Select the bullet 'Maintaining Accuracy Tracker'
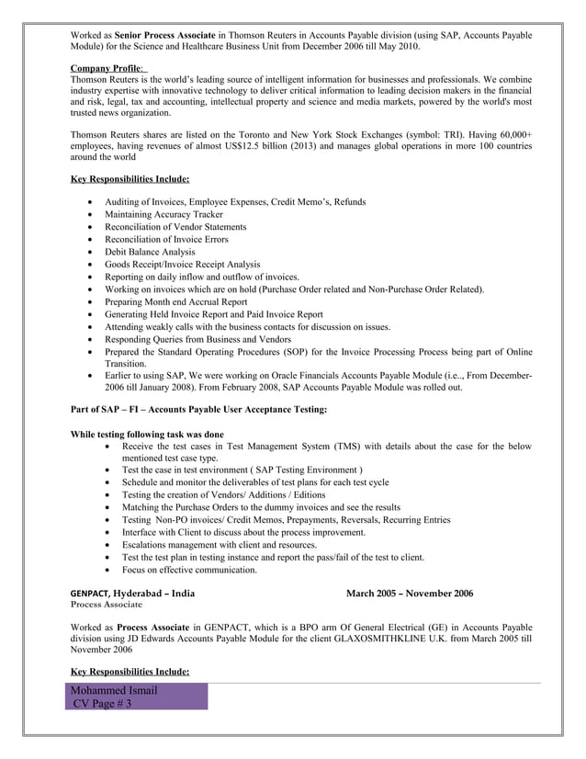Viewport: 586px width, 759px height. pyautogui.click(x=163, y=213)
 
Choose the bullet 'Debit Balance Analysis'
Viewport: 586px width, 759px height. pyautogui.click(x=150, y=251)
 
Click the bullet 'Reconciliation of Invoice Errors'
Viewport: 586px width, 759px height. pyautogui.click(x=166, y=239)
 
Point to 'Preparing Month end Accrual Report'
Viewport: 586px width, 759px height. pyautogui.click(x=175, y=301)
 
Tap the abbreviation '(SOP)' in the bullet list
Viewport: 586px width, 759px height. pyautogui.click(x=297, y=352)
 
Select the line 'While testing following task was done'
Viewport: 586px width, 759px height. pyautogui.click(x=147, y=434)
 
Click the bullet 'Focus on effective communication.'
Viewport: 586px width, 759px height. pyautogui.click(x=189, y=570)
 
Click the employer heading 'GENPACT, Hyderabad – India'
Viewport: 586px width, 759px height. pyautogui.click(x=132, y=594)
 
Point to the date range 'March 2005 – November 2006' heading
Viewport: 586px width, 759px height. pyautogui.click(x=411, y=594)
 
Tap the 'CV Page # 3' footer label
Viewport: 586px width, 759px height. pyautogui.click(x=102, y=704)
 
